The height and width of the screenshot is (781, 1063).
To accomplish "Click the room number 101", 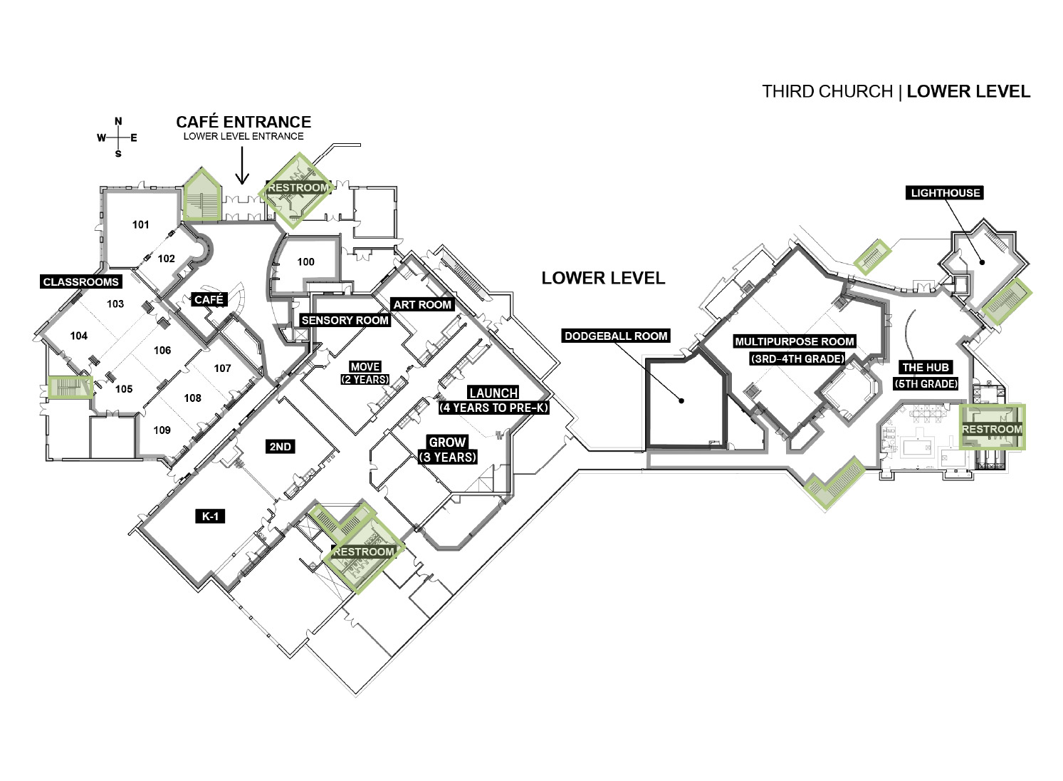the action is click(140, 224).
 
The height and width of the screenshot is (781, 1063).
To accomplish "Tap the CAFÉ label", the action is click(209, 300).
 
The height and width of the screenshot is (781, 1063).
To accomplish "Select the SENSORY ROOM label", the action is click(345, 321).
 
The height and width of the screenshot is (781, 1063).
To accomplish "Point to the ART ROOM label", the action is click(422, 305).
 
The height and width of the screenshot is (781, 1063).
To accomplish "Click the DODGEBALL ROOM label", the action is click(616, 336).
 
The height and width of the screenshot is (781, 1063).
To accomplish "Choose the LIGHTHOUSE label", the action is click(946, 193).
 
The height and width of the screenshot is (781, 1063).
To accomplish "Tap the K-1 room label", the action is click(210, 517).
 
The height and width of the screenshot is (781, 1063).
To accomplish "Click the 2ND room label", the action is click(280, 447).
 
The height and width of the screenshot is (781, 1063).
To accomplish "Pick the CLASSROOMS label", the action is click(80, 282).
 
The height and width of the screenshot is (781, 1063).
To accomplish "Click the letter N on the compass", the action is click(118, 122).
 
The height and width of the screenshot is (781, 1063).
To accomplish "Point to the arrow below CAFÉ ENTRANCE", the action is click(243, 165).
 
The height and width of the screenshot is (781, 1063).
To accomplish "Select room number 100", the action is click(306, 262).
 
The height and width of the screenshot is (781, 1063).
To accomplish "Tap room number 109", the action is click(162, 430).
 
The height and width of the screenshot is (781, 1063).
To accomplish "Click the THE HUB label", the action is click(926, 368).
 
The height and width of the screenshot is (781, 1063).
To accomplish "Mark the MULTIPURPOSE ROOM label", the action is click(795, 341).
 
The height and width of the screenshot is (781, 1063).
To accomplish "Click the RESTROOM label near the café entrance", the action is click(298, 187).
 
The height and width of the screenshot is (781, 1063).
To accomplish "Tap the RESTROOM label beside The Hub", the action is click(992, 430).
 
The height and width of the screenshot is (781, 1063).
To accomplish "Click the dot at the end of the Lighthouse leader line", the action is click(983, 262).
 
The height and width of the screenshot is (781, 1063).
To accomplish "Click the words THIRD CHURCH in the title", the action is click(827, 92).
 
